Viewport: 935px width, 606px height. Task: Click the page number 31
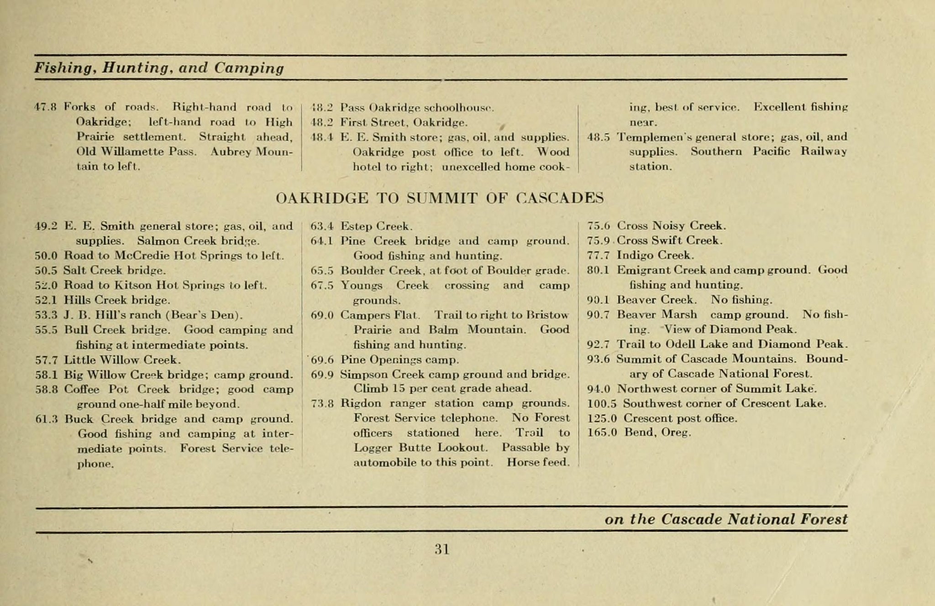click(x=442, y=549)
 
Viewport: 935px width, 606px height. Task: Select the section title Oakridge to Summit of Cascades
click(x=440, y=198)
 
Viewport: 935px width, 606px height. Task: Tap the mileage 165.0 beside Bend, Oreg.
click(x=602, y=433)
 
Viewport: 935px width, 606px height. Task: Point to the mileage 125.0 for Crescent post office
click(x=602, y=418)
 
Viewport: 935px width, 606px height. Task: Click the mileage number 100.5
click(x=602, y=403)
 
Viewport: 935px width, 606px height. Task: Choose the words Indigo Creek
click(x=655, y=255)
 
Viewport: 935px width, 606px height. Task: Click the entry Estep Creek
click(x=377, y=226)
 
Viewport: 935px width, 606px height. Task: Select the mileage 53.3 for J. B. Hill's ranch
click(x=46, y=315)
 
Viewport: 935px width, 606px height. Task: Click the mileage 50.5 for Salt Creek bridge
click(x=46, y=270)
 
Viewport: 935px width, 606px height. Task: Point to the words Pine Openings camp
click(x=399, y=360)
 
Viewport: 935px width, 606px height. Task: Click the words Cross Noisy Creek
click(x=671, y=225)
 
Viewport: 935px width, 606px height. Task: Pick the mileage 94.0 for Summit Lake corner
click(x=599, y=389)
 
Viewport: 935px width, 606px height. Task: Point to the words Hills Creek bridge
click(x=117, y=300)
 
